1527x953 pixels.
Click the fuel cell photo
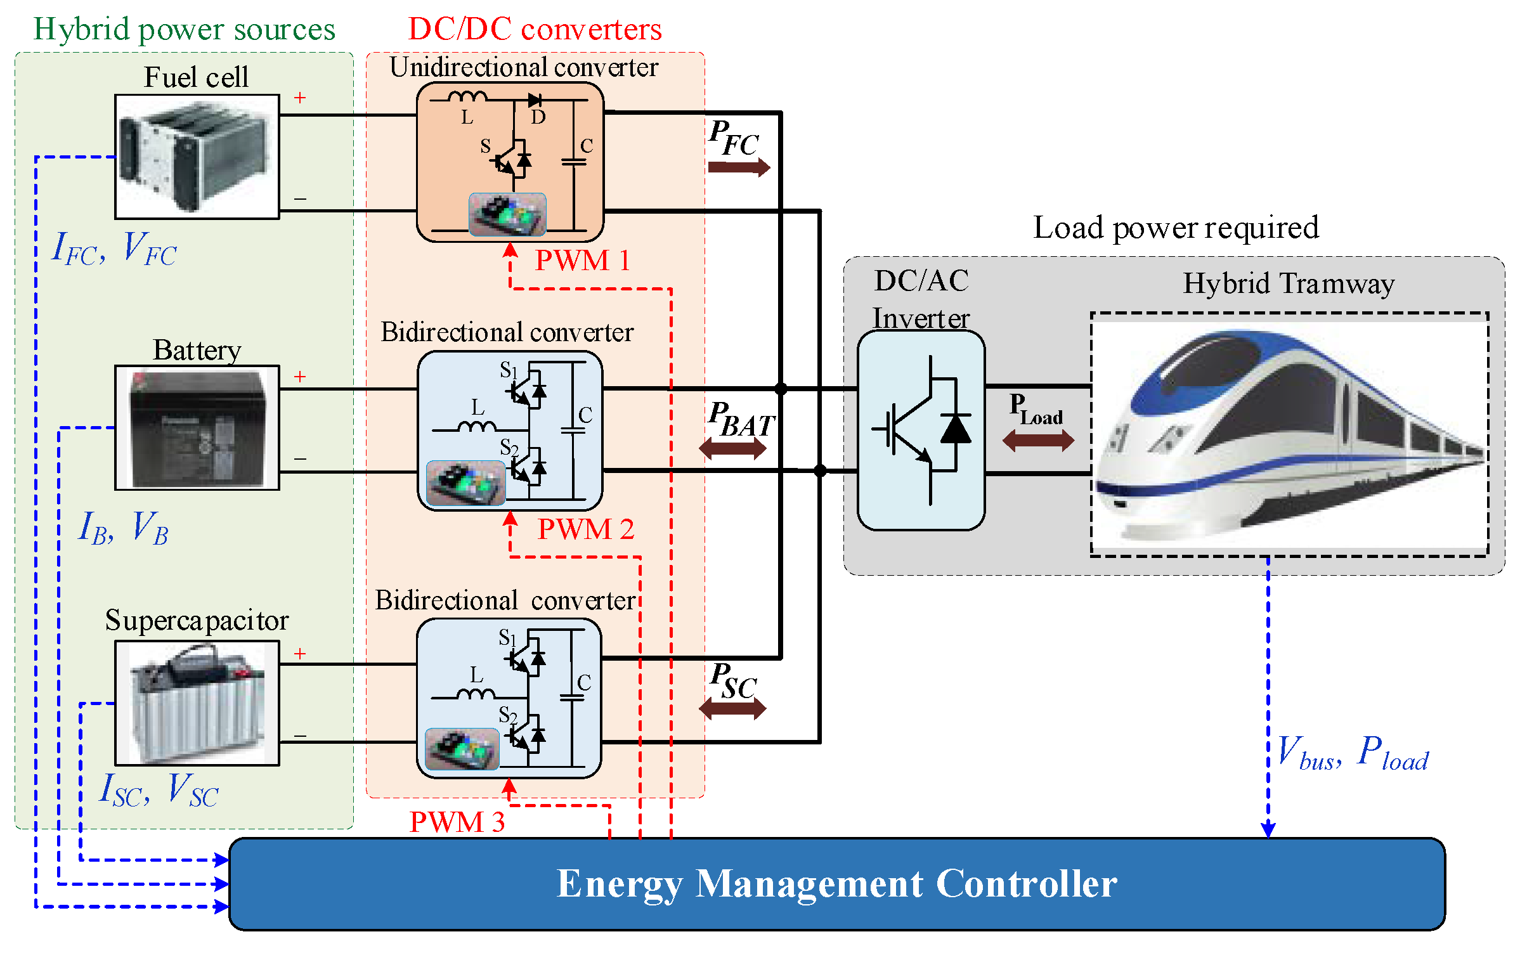click(x=197, y=157)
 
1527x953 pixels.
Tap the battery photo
click(x=197, y=428)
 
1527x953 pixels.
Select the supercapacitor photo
click(x=197, y=703)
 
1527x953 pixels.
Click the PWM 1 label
click(x=582, y=261)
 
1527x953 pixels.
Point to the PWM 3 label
click(x=457, y=822)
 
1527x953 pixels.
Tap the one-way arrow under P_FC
click(x=738, y=167)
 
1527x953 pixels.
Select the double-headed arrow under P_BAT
click(x=732, y=449)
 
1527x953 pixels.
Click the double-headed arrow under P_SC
click(x=732, y=708)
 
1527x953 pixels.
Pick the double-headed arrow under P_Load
click(x=1038, y=440)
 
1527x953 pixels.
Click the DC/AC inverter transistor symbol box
click(x=921, y=430)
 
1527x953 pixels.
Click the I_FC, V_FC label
click(x=114, y=249)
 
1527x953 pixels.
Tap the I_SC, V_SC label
click(x=159, y=791)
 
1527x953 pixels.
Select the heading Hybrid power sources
click(x=184, y=29)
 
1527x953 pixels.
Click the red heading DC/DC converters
click(x=535, y=29)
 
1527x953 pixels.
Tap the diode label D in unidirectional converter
click(x=538, y=117)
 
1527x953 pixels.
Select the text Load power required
click(x=1176, y=228)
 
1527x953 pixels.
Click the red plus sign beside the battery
click(x=300, y=377)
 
